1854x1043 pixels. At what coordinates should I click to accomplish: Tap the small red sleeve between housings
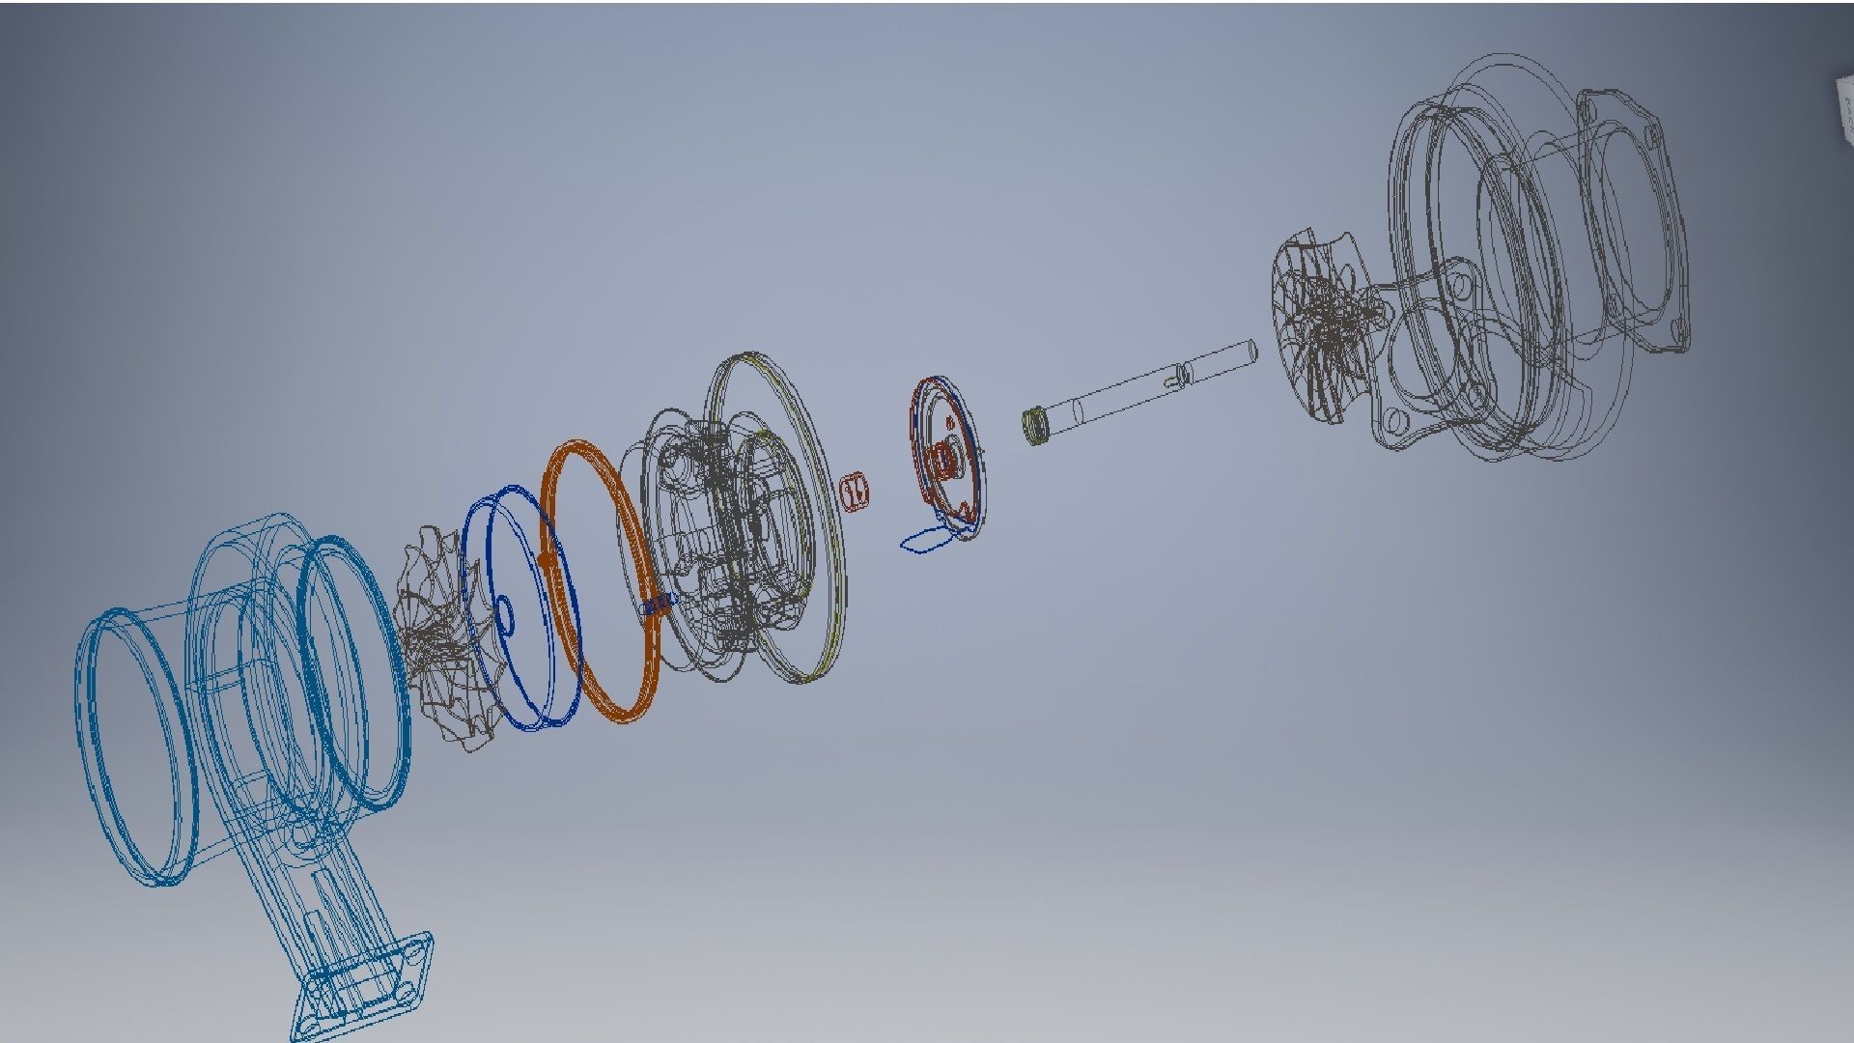coord(856,491)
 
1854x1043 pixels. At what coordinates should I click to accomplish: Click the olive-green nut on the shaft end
coord(1036,427)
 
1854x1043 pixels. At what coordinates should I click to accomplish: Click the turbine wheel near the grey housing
coord(1328,328)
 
